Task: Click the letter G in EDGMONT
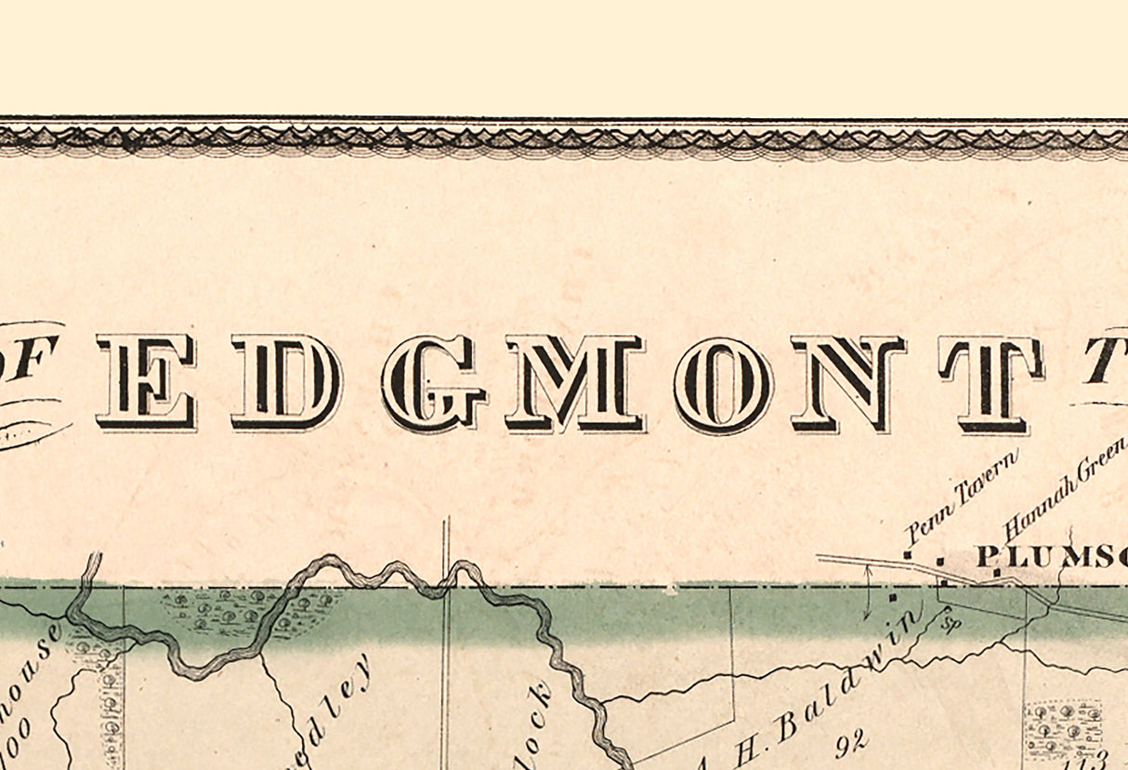433,383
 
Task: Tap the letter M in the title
575,383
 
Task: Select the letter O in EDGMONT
723,383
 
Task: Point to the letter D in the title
286,382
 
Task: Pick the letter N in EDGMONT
847,383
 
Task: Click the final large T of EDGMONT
990,383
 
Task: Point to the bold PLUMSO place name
1051,556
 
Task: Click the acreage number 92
850,741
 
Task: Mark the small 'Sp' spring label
950,621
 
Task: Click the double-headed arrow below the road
867,591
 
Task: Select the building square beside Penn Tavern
908,556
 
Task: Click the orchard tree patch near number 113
1063,730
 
